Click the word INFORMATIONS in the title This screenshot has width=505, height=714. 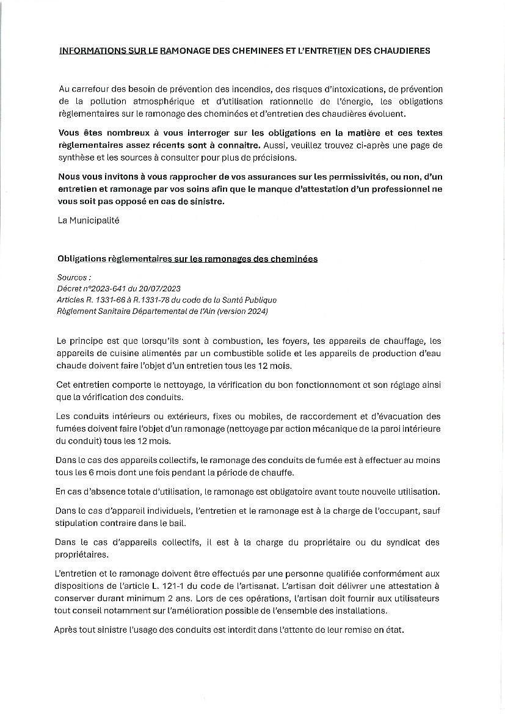pos(89,51)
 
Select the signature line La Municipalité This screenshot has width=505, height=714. pos(89,220)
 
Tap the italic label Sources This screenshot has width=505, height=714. pos(71,277)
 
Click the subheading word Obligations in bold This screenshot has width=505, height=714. pos(82,259)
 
